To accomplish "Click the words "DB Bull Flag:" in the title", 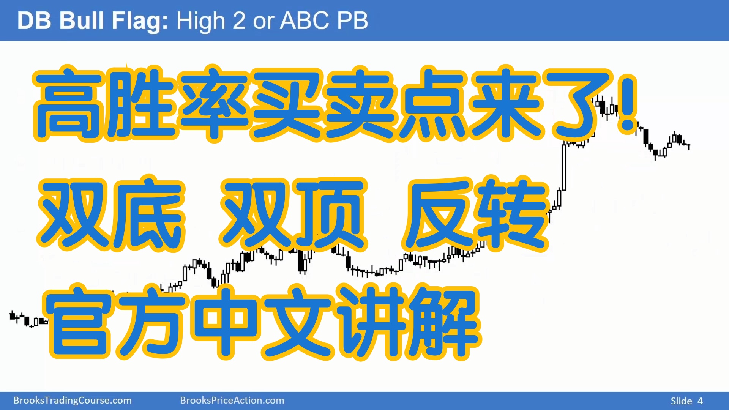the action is pos(93,21).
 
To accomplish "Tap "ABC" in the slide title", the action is pos(304,20).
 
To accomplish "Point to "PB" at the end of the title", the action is pos(352,20).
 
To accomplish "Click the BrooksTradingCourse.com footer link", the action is pos(73,401).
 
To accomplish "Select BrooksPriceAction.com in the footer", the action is pos(232,401).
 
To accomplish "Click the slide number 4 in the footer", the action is pos(700,401).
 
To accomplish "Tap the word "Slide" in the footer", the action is pos(681,401).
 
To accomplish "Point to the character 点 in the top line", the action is pos(433,103).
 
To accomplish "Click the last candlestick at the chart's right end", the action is pos(689,146).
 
